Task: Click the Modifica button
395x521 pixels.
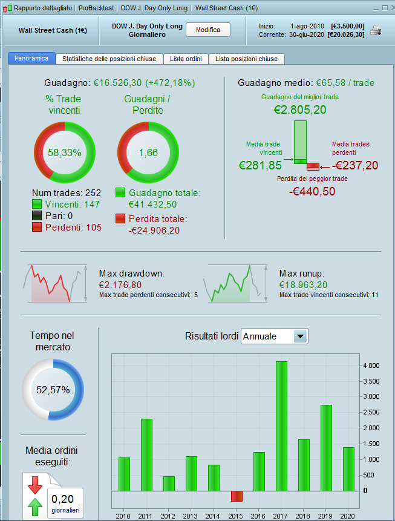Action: (208, 30)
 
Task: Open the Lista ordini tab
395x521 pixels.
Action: (186, 59)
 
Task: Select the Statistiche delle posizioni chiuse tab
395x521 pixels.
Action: (109, 59)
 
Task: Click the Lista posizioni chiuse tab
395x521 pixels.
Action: (247, 59)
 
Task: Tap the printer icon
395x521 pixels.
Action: (376, 30)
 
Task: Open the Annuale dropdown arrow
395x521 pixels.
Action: (300, 336)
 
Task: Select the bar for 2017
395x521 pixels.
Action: (281, 426)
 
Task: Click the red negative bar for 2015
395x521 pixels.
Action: (237, 496)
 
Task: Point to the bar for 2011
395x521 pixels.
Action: (146, 454)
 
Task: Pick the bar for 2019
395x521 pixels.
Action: (326, 448)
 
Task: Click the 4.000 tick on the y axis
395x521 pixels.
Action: (370, 365)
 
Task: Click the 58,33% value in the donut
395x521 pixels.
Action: (65, 153)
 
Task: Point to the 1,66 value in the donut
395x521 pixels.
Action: (148, 153)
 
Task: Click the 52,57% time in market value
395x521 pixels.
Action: (53, 390)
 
